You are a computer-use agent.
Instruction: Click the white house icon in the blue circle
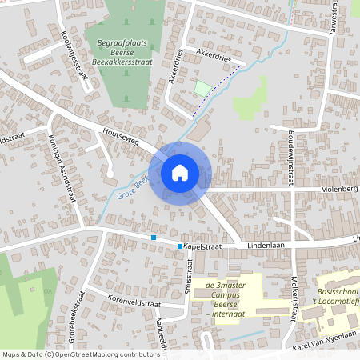coord(180,172)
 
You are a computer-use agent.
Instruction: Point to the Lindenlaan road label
coord(266,246)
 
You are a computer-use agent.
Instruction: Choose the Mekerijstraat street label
coord(294,295)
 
